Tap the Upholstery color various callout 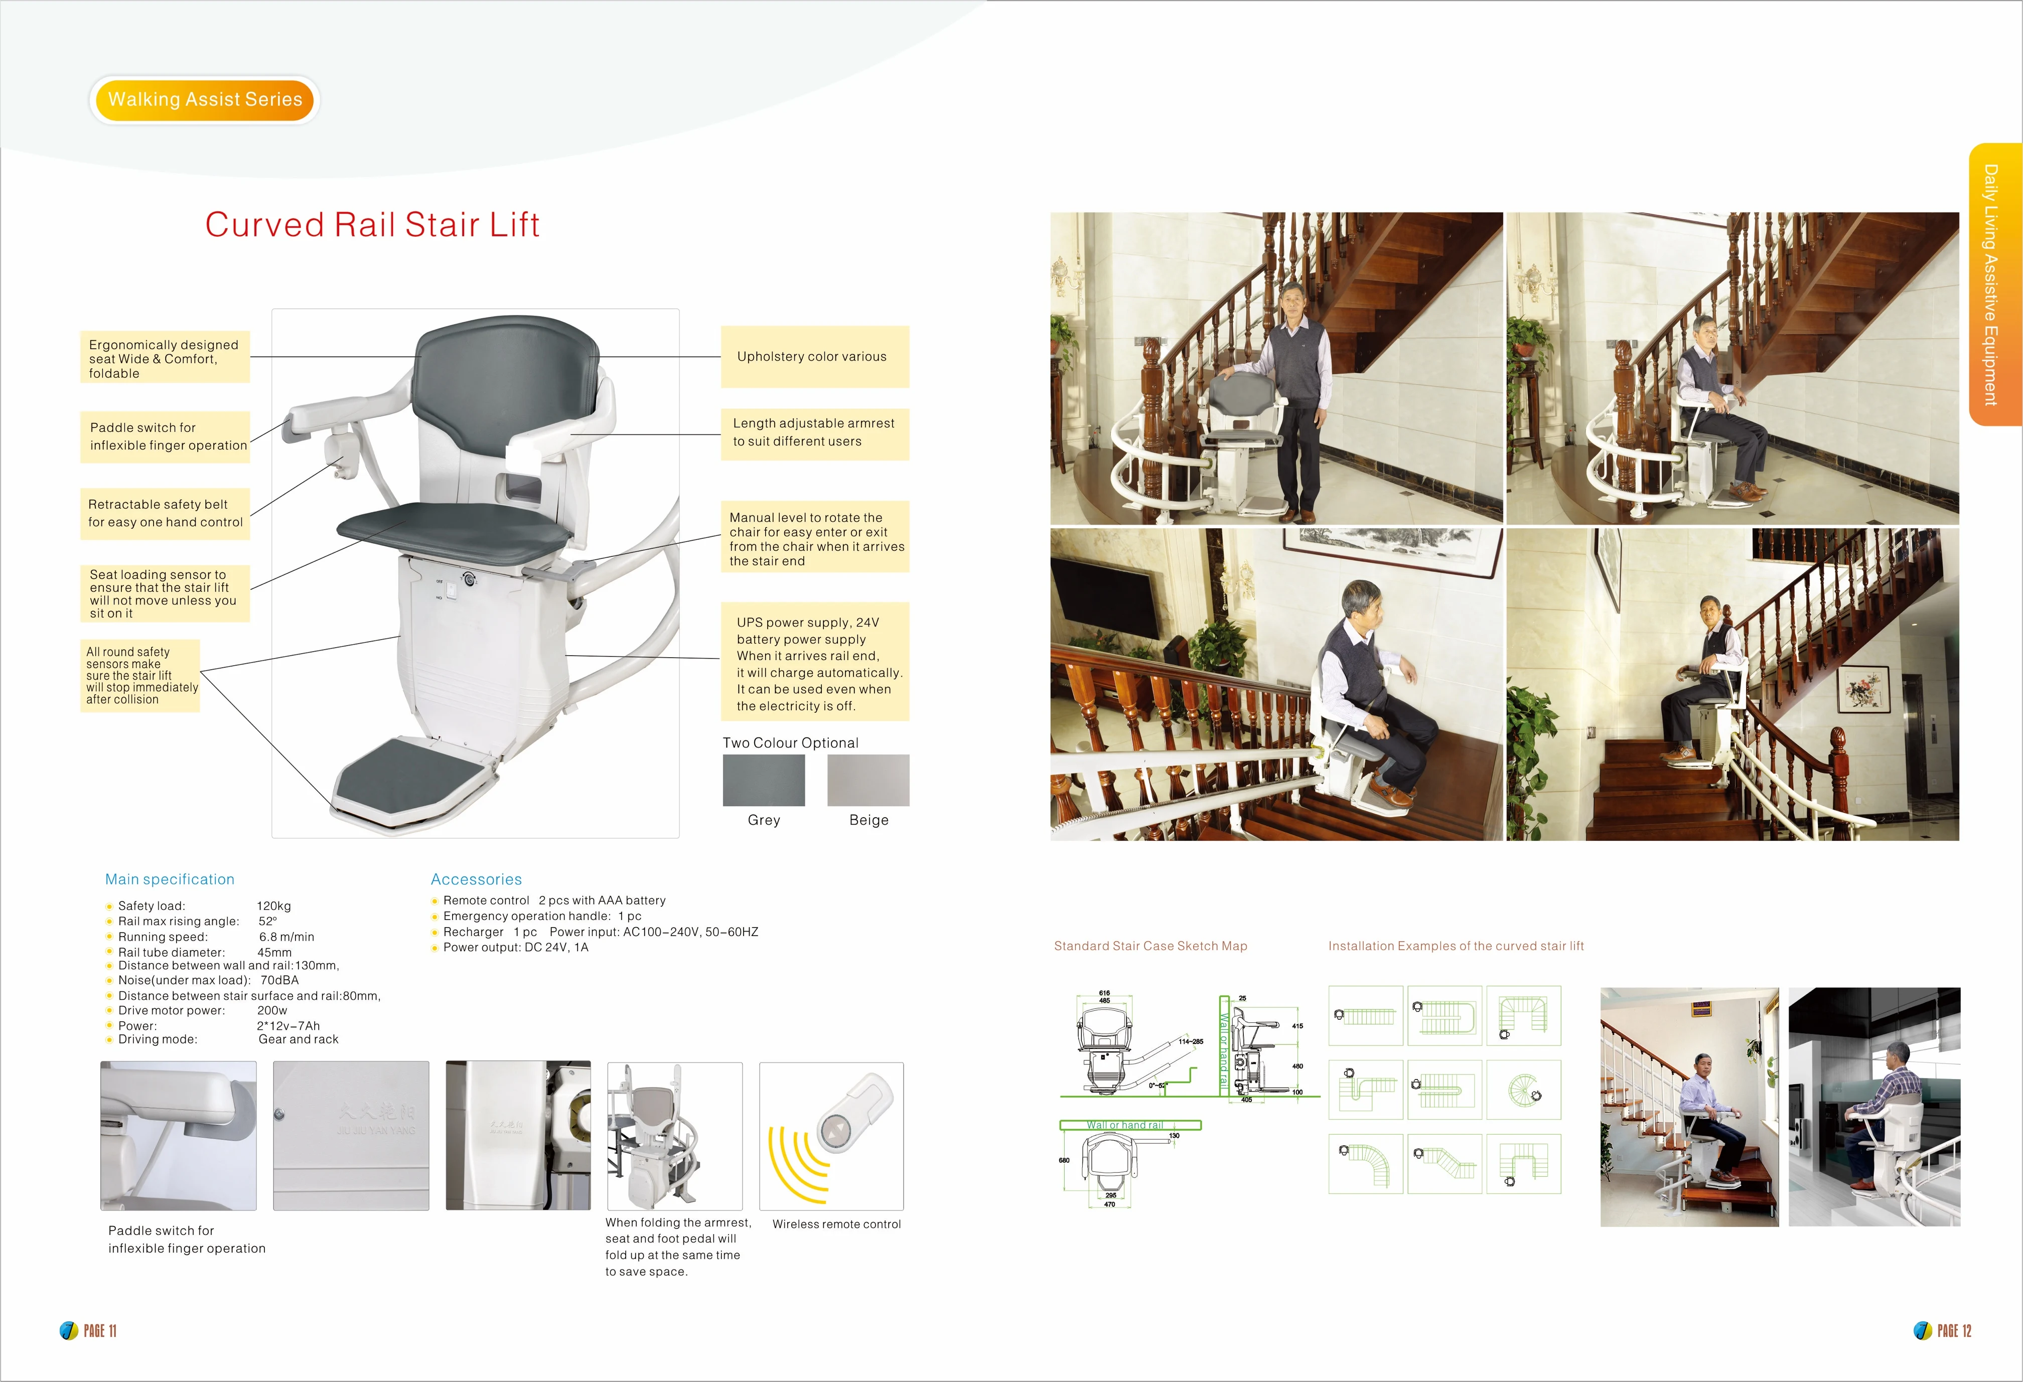pyautogui.click(x=814, y=357)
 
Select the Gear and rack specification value pyautogui.click(x=299, y=1039)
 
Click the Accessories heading pyautogui.click(x=476, y=879)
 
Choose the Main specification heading pyautogui.click(x=170, y=879)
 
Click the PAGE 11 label pyautogui.click(x=98, y=1331)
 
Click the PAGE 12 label pyautogui.click(x=1953, y=1331)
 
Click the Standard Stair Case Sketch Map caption pyautogui.click(x=1150, y=946)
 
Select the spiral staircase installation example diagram pyautogui.click(x=1523, y=1090)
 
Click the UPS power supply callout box pyautogui.click(x=815, y=663)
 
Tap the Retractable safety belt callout pyautogui.click(x=165, y=514)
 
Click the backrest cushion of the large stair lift pyautogui.click(x=505, y=383)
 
